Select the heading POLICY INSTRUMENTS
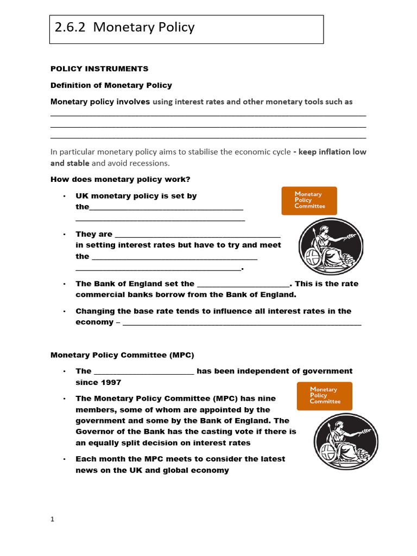coord(99,69)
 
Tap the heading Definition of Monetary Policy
coord(111,85)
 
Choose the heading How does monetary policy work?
coord(120,179)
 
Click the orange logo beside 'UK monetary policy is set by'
coord(309,200)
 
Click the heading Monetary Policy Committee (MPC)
coord(122,355)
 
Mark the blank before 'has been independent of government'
coord(144,372)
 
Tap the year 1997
coord(110,382)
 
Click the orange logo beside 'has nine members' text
coord(324,396)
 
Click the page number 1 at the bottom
coord(53,519)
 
